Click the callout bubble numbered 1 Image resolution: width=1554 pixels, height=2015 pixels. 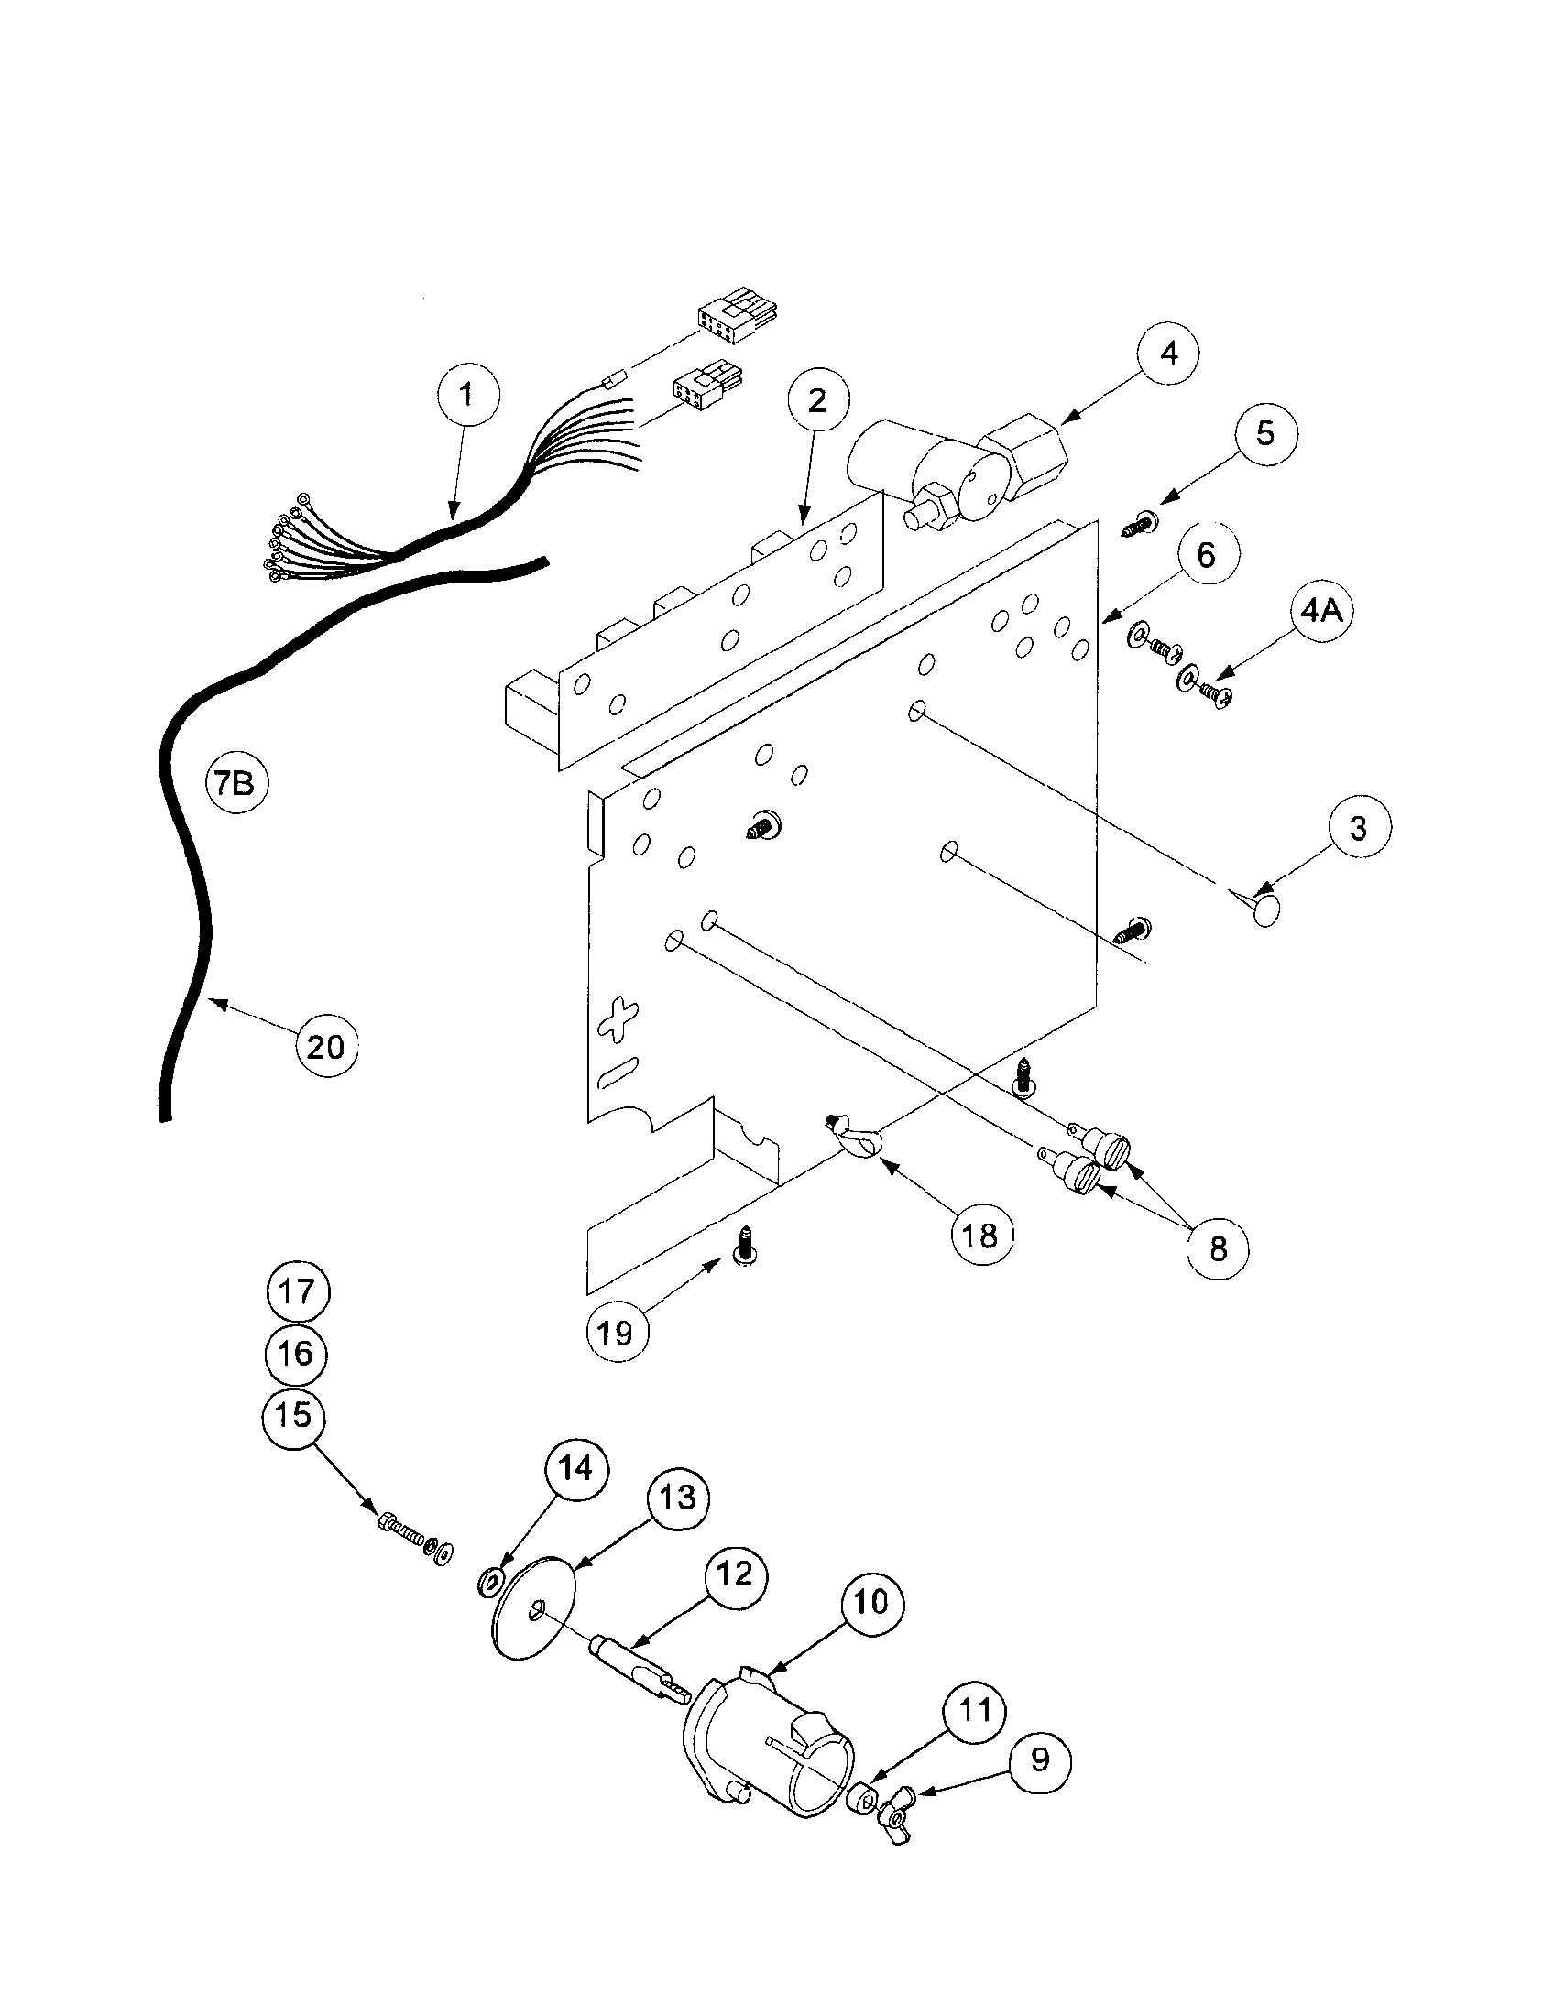467,396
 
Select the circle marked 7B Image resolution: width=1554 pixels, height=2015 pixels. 235,785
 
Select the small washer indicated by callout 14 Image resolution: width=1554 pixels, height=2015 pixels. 489,1583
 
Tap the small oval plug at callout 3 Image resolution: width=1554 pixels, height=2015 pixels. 1267,909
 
